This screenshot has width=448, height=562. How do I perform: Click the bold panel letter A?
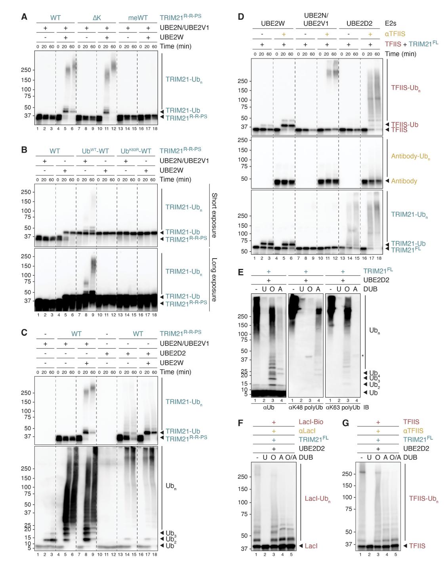click(25, 17)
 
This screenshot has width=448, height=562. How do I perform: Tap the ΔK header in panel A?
click(97, 18)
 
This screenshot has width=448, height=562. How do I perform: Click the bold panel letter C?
click(25, 332)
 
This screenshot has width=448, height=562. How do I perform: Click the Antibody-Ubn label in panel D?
click(410, 156)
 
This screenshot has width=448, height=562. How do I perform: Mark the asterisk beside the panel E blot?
click(362, 356)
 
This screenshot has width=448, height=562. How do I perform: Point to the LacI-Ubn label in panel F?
click(317, 499)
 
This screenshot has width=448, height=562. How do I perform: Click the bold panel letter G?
click(345, 423)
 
